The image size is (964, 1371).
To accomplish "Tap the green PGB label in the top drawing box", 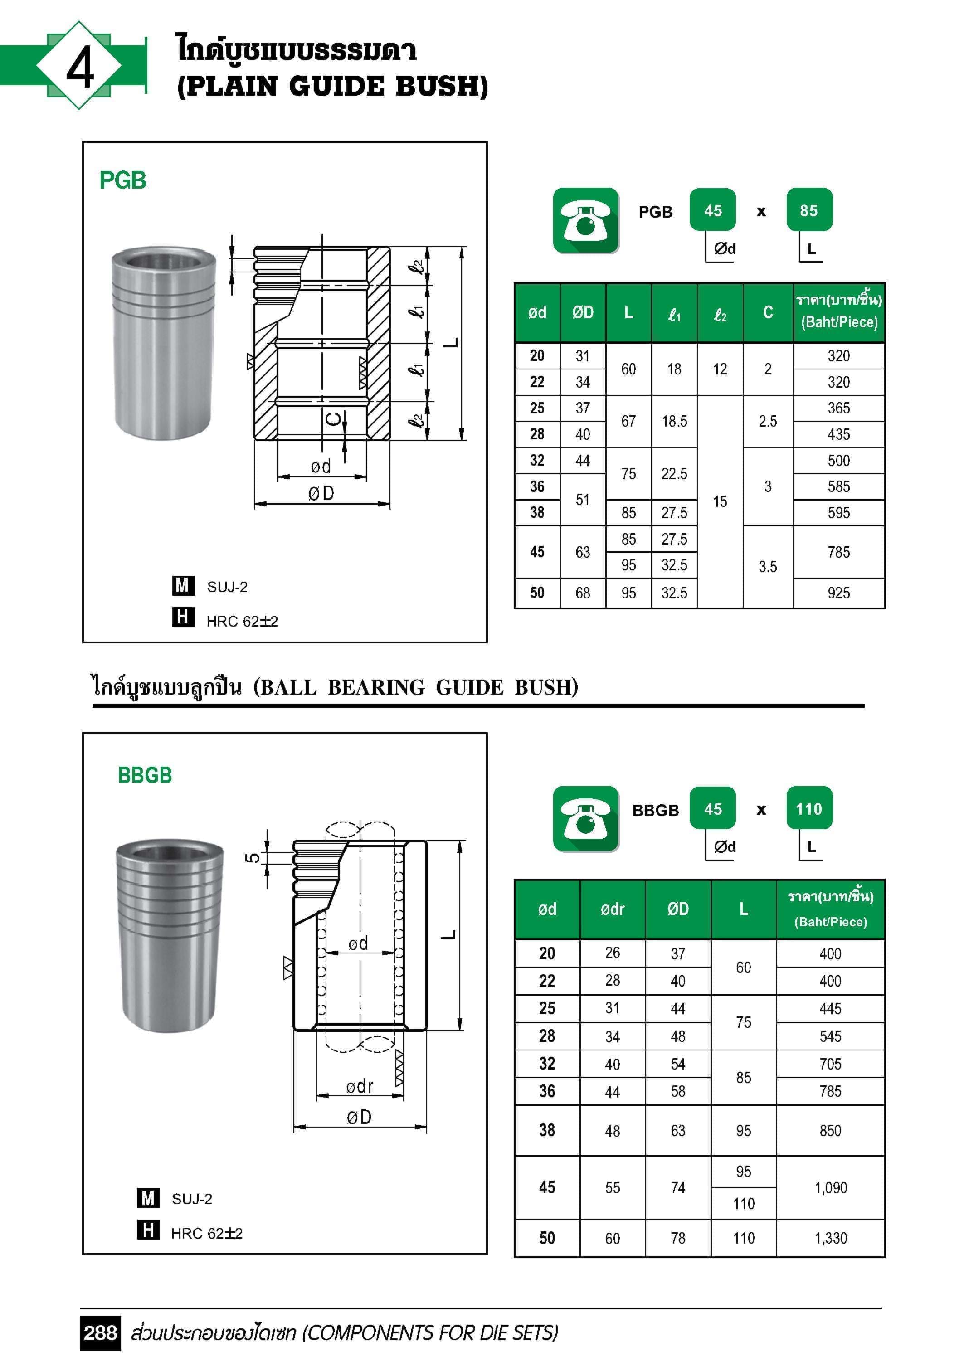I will (x=122, y=180).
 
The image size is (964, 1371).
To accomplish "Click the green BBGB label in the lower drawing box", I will (x=145, y=775).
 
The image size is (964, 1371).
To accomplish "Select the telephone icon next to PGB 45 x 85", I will (x=585, y=220).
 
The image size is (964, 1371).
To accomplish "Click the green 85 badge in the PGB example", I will (x=809, y=210).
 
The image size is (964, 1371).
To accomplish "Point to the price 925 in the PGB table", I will (x=838, y=593).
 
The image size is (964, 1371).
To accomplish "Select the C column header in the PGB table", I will (x=768, y=312).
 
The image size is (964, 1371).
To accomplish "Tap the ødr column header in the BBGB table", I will (x=612, y=909).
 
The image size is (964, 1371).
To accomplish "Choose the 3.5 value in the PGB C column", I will (x=768, y=567).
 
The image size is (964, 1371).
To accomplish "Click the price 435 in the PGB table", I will (x=838, y=435).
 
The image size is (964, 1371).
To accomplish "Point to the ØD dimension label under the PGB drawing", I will (x=321, y=493).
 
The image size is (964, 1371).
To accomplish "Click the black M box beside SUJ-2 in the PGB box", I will (x=182, y=585).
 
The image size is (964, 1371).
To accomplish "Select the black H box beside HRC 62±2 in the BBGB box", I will (x=147, y=1230).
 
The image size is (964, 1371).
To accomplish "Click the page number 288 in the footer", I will (x=100, y=1333).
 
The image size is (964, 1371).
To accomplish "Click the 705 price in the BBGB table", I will (x=830, y=1064).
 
